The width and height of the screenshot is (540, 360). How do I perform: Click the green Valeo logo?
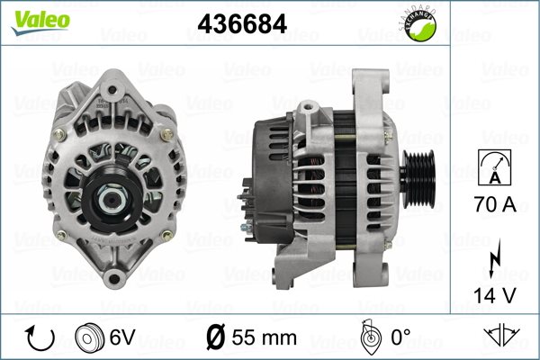point(40,22)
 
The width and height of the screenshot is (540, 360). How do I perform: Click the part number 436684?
point(242,23)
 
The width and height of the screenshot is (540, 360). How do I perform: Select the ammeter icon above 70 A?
point(495,167)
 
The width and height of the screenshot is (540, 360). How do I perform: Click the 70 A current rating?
point(495,204)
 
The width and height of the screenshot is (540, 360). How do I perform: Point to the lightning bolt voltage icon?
point(494,258)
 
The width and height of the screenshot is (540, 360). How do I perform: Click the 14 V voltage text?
point(495,295)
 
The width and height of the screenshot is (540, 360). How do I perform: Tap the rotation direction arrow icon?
point(40,338)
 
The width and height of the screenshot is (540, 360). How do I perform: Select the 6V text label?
point(122,337)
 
